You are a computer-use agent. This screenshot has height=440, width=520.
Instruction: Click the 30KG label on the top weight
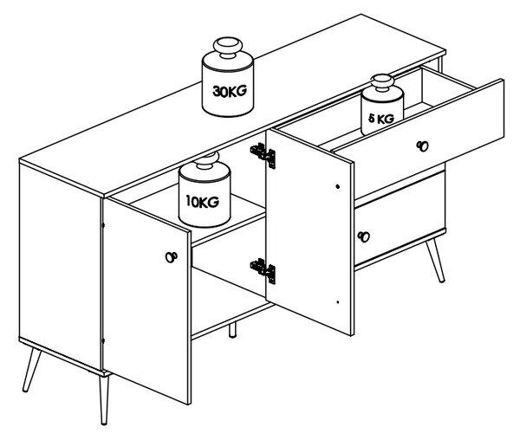coord(230,91)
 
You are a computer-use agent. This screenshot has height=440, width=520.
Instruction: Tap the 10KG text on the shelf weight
coord(202,201)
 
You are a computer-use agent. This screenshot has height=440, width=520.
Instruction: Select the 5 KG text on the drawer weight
coord(381,119)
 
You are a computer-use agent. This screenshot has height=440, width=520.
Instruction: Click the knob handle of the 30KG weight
coord(228,47)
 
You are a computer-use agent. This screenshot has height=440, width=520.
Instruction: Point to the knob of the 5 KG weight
coord(382,82)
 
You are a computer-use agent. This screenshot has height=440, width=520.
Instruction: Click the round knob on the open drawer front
coord(423,146)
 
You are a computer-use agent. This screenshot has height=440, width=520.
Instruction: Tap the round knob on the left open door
coord(171,256)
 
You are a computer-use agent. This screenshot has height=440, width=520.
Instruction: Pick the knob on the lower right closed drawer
coord(364,236)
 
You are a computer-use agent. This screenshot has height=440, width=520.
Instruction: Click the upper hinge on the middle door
coord(263,155)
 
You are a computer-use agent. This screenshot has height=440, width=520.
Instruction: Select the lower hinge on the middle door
coord(263,270)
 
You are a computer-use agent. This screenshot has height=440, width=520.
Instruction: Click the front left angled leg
coord(31,370)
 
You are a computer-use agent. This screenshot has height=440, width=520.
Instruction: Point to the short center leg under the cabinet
coord(232,330)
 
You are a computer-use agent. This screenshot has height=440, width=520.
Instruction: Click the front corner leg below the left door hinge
coord(104,400)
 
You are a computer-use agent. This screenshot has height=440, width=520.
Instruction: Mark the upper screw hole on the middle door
coord(338,186)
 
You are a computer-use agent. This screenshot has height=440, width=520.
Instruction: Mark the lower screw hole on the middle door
coord(338,301)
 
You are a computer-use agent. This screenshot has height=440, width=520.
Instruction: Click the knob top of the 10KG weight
coord(207,159)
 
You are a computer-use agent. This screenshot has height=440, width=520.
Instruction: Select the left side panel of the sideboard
coord(60,267)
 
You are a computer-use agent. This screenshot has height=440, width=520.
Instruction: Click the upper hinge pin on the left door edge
coord(102,225)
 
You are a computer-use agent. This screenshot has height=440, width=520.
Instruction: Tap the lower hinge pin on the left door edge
coord(102,340)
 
